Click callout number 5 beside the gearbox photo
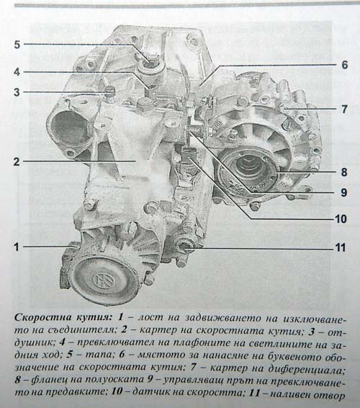pyautogui.click(x=17, y=45)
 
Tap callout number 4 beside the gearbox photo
pyautogui.click(x=17, y=71)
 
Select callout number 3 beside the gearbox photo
pyautogui.click(x=17, y=92)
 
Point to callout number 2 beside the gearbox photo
pyautogui.click(x=17, y=161)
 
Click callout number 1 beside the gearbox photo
pyautogui.click(x=17, y=247)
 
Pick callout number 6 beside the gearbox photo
pyautogui.click(x=344, y=65)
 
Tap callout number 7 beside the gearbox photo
pyautogui.click(x=344, y=109)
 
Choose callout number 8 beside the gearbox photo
pyautogui.click(x=344, y=172)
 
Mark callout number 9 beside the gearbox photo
pyautogui.click(x=344, y=192)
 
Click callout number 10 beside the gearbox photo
pyautogui.click(x=341, y=219)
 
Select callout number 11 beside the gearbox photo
pyautogui.click(x=341, y=247)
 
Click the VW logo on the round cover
pyautogui.click(x=101, y=280)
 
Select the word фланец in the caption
pyautogui.click(x=49, y=380)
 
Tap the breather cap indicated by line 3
pyautogui.click(x=109, y=92)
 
